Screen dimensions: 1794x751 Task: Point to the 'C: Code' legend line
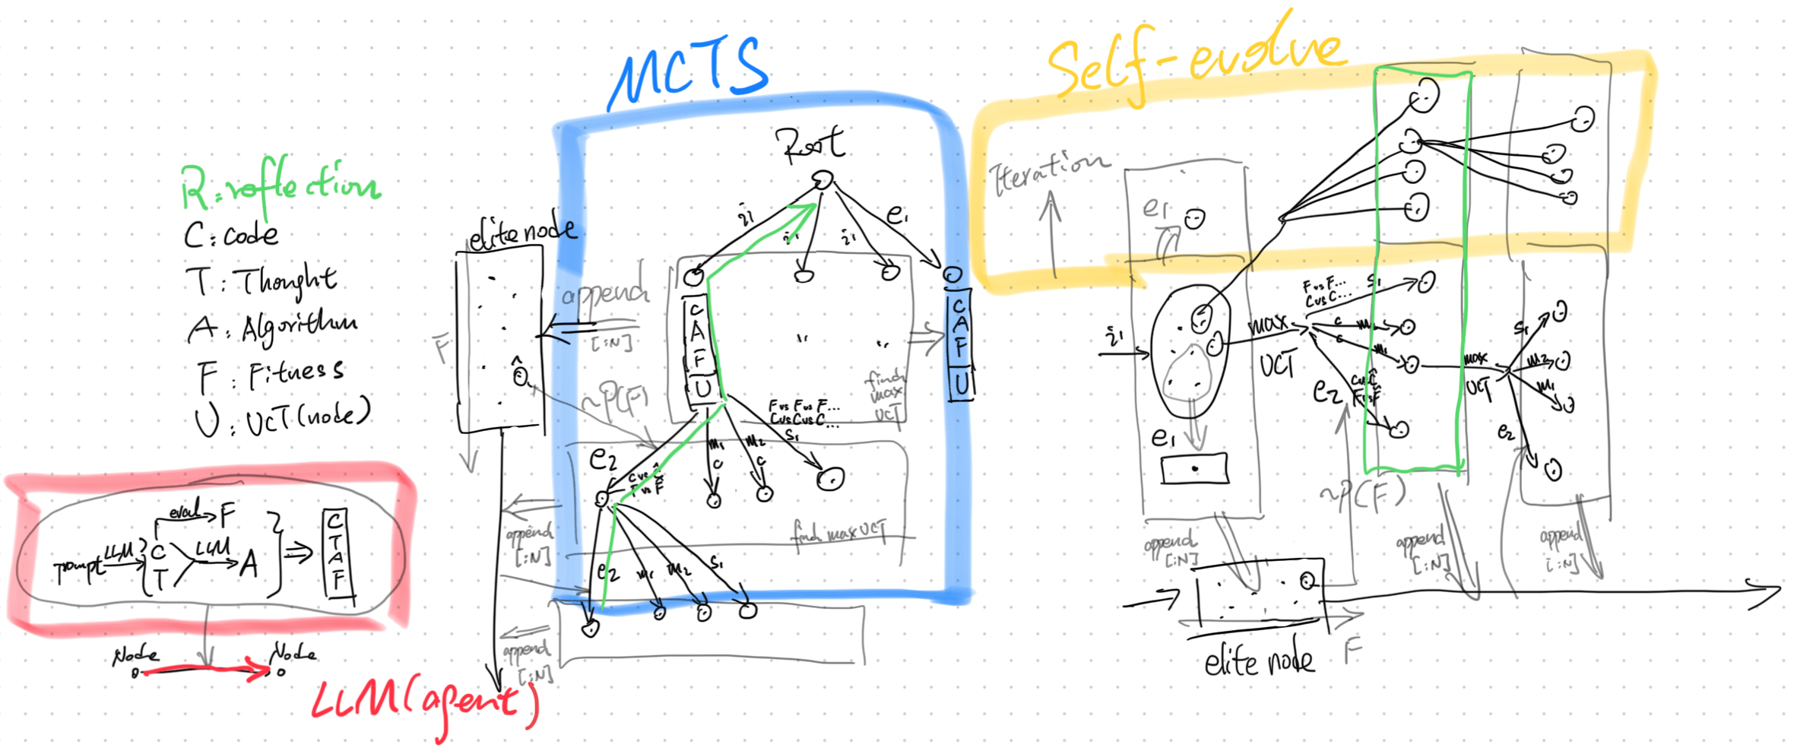(x=231, y=235)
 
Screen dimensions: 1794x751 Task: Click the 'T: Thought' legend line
(x=261, y=281)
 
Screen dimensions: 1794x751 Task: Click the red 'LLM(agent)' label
(x=426, y=703)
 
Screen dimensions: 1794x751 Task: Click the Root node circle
(x=823, y=180)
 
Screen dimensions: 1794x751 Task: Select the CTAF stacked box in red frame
(x=335, y=553)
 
